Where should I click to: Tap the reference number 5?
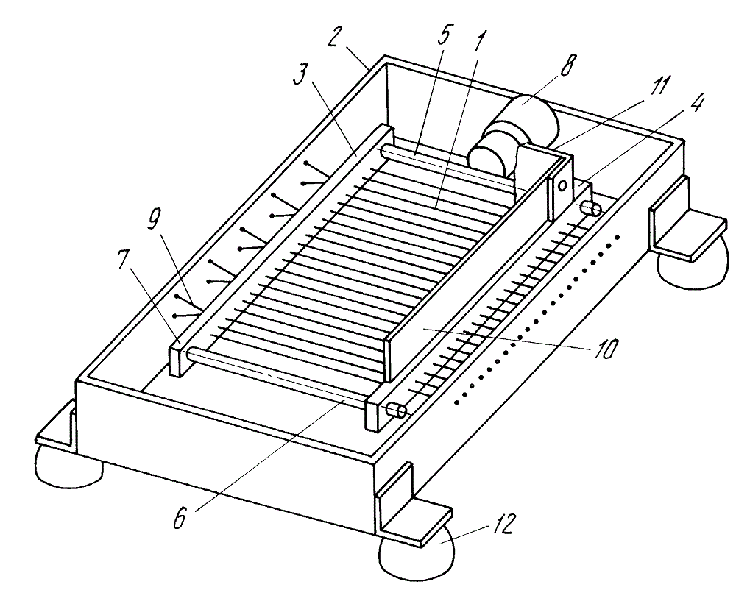click(444, 34)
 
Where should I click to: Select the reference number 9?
click(154, 219)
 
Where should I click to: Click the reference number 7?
click(123, 257)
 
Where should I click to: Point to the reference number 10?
click(606, 349)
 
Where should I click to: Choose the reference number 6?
click(180, 518)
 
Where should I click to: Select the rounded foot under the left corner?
click(68, 466)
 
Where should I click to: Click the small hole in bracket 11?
click(561, 185)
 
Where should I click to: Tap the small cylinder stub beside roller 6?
click(396, 410)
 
